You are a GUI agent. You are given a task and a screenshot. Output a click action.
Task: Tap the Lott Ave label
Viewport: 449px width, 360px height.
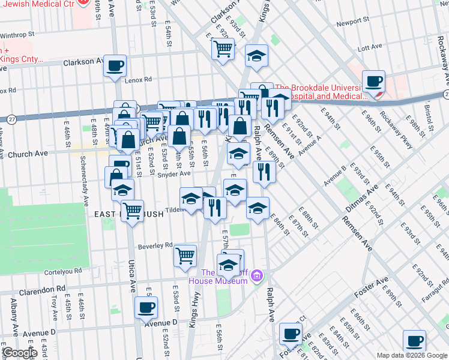(x=370, y=47)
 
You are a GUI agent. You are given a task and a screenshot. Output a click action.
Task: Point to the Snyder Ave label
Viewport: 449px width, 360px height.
(x=173, y=173)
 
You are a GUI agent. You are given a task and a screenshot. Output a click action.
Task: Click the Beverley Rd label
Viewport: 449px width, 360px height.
(x=155, y=245)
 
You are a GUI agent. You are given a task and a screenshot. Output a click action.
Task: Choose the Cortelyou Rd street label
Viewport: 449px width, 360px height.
(x=65, y=271)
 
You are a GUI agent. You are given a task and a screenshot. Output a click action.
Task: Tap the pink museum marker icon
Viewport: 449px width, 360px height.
(x=257, y=276)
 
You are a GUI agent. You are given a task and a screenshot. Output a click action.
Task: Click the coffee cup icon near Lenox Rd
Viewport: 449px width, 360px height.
(x=115, y=65)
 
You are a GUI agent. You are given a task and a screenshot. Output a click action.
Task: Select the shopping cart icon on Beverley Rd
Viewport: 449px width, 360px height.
(x=185, y=256)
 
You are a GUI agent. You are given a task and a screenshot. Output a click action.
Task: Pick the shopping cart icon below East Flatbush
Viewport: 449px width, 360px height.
(x=132, y=211)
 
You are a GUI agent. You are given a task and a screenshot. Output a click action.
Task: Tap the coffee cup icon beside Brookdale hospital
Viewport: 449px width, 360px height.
(x=375, y=82)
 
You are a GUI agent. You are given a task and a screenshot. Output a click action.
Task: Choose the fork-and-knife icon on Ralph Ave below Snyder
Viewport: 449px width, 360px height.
(x=264, y=172)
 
